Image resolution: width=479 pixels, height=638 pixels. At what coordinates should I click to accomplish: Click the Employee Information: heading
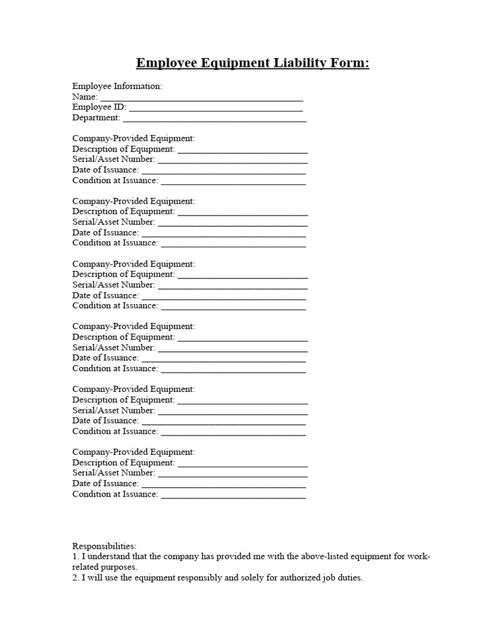coord(117,86)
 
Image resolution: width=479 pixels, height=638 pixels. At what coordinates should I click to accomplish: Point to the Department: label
coord(96,118)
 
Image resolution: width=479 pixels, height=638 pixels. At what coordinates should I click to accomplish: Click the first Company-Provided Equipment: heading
coord(133,138)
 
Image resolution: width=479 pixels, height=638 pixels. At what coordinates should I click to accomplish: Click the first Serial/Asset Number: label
coord(114,159)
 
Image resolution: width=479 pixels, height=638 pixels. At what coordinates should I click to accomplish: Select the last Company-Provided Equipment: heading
coord(133,452)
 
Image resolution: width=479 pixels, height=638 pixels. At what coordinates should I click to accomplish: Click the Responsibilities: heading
coord(104,546)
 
